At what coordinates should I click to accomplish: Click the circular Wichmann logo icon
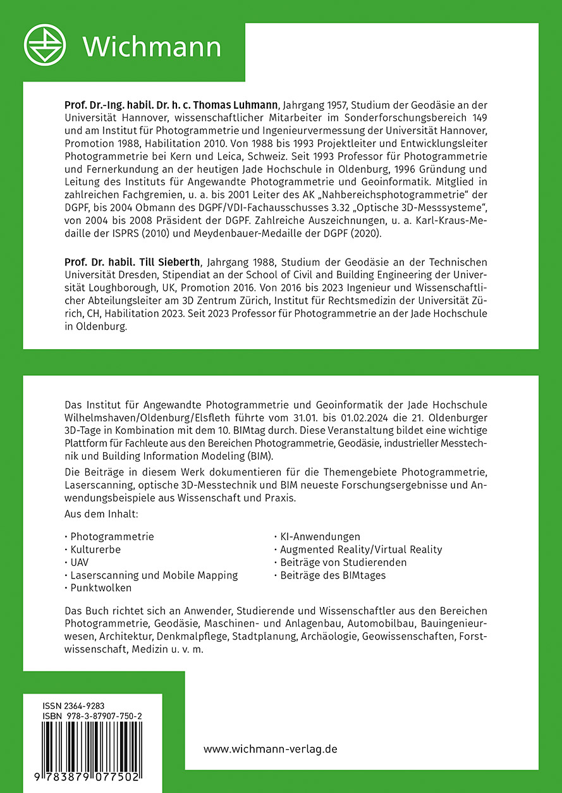[45, 46]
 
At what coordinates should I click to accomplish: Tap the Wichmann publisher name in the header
[152, 47]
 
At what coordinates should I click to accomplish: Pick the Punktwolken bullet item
[101, 587]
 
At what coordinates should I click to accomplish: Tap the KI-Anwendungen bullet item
[320, 536]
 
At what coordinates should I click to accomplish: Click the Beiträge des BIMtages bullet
[333, 575]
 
